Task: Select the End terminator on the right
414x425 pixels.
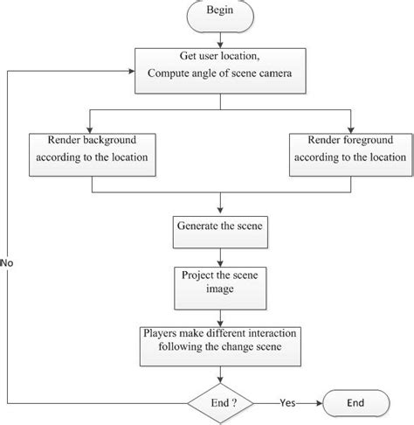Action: [x=356, y=404]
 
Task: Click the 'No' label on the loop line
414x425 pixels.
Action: [x=8, y=261]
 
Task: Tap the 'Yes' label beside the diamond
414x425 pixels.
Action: [x=287, y=404]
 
